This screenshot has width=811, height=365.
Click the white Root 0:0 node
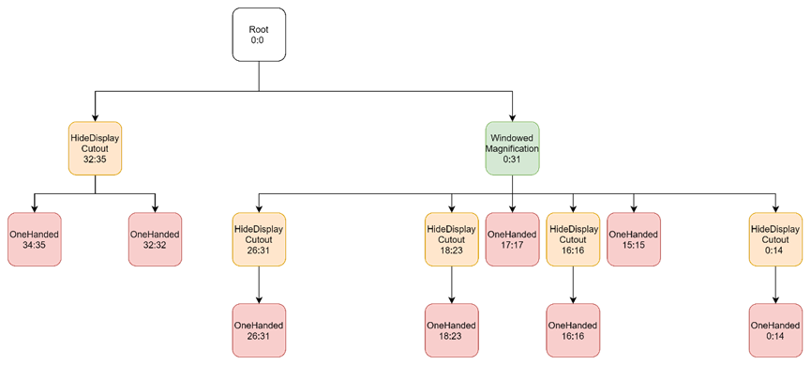tap(259, 35)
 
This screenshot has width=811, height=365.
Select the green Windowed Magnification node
tap(511, 147)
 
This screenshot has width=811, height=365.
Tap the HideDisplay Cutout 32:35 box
tap(95, 147)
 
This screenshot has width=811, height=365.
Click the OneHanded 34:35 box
tap(34, 238)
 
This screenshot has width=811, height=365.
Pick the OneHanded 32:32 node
tap(155, 238)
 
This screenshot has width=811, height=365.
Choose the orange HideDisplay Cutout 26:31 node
tap(258, 238)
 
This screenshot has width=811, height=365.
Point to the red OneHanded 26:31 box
tap(258, 330)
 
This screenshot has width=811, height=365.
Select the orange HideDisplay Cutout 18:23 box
tap(450, 238)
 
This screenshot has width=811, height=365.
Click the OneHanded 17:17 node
tap(511, 238)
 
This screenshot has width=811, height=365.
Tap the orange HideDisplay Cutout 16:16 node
tap(572, 238)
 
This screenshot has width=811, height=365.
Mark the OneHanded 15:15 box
tap(633, 238)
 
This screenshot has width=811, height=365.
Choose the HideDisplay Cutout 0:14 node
tap(774, 238)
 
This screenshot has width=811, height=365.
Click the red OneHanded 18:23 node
tap(450, 330)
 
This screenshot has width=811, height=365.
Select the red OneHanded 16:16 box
tap(572, 330)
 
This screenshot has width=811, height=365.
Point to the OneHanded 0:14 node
tap(774, 330)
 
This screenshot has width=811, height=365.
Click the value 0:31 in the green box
tap(511, 160)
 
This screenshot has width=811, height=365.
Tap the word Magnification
tap(511, 147)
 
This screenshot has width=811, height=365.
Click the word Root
tap(259, 29)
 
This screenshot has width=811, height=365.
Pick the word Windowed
tap(511, 136)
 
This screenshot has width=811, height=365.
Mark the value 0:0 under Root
tap(259, 41)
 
